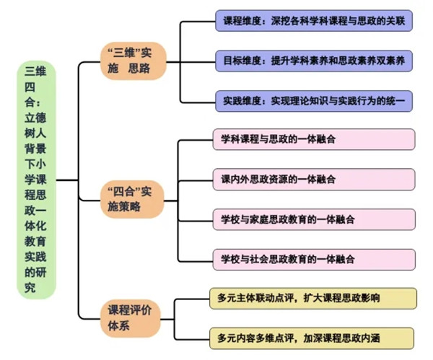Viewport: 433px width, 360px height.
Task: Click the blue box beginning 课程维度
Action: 315,22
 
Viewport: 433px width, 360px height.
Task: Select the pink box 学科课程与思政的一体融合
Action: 315,140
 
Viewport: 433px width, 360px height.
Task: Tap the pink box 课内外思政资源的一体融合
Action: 315,179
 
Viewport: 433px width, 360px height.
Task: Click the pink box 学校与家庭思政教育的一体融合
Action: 315,219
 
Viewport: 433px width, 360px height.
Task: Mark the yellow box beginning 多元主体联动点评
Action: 315,297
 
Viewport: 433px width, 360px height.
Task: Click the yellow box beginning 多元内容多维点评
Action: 315,337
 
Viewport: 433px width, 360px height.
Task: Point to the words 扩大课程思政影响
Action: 338,297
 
